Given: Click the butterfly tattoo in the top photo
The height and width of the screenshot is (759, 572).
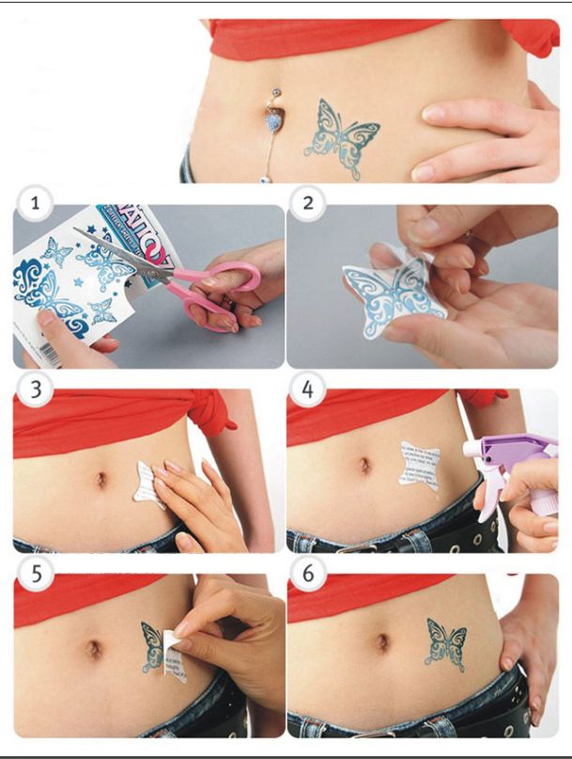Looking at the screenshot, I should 341,138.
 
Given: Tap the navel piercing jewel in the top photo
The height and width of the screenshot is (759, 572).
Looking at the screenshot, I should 274,119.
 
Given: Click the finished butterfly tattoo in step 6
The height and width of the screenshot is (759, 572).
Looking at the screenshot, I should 445,644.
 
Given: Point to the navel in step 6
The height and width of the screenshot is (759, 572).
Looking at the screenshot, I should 382,642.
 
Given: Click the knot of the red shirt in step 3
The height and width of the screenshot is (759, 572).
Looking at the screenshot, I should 211,414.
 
